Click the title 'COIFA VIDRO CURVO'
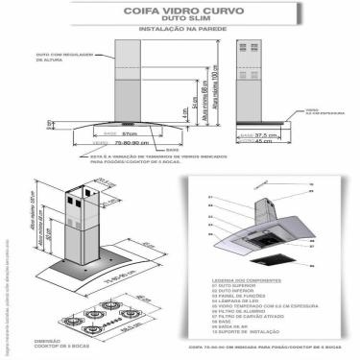(180, 14)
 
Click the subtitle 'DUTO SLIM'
(180, 24)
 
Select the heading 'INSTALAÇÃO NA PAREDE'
(180, 35)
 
